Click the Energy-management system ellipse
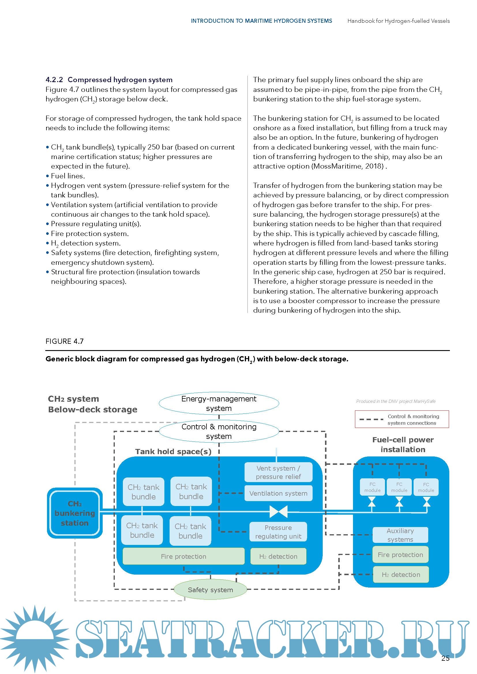(219, 403)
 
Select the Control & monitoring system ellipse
(219, 431)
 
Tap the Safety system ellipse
(210, 590)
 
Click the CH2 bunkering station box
(75, 513)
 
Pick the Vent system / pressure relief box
(278, 472)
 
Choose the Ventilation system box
(278, 493)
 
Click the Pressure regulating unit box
(278, 532)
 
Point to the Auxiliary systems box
(400, 535)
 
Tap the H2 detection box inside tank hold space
(278, 556)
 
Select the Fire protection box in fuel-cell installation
(400, 554)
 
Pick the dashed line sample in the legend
(371, 420)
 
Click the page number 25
(445, 658)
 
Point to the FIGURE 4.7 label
(65, 341)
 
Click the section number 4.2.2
(54, 80)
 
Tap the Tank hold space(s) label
(173, 452)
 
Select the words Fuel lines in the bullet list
(67, 176)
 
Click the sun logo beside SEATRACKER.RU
(35, 639)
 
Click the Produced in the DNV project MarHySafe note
(396, 401)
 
